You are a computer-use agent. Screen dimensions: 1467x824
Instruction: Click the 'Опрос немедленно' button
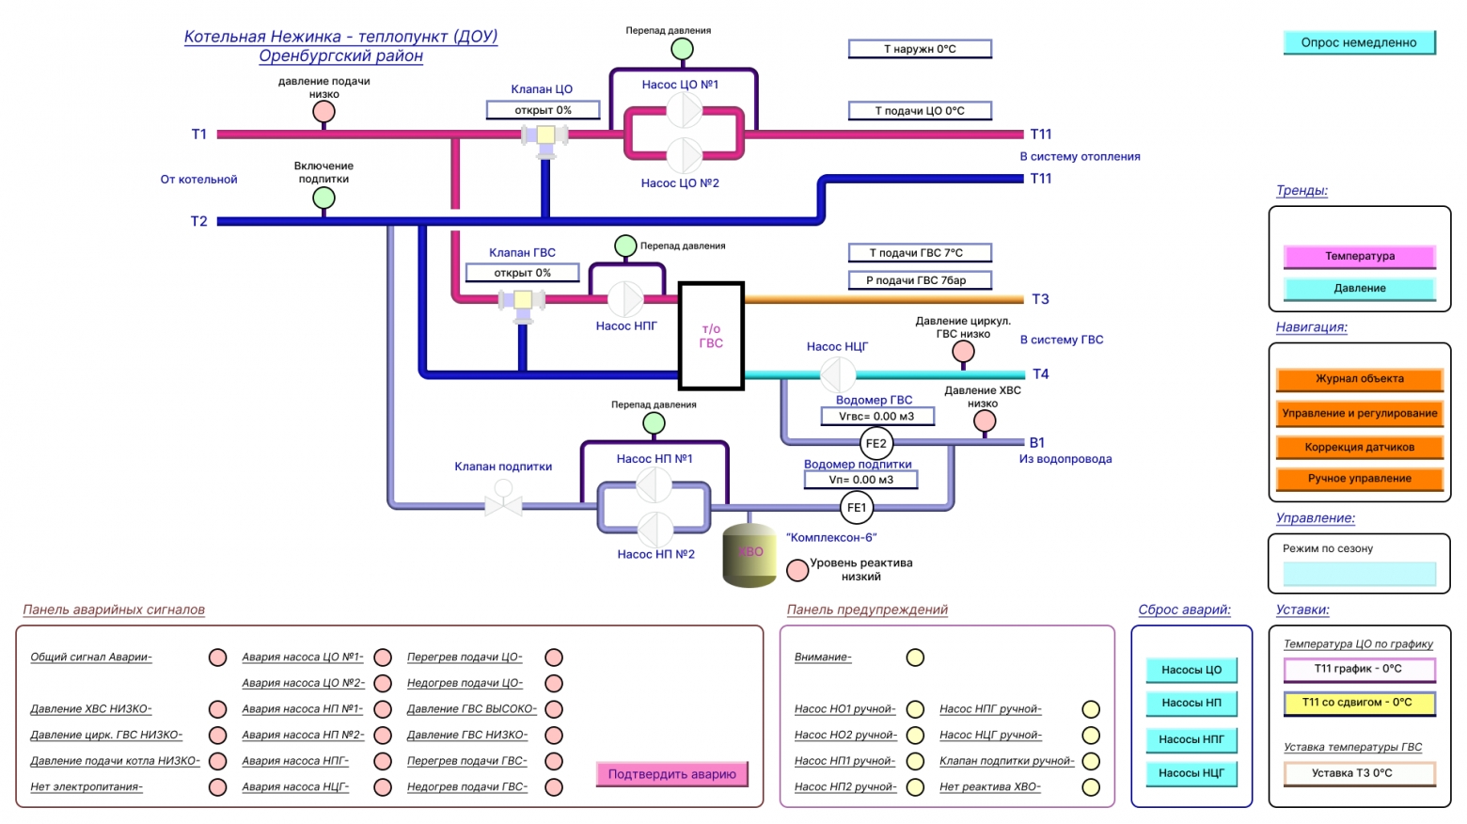tap(1360, 42)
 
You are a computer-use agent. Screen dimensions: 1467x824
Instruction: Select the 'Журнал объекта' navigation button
tap(1360, 379)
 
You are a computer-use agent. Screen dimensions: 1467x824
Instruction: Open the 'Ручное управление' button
tap(1360, 479)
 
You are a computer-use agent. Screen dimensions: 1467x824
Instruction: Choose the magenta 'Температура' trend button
tap(1360, 256)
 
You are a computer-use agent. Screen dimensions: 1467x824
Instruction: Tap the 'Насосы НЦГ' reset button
tap(1191, 773)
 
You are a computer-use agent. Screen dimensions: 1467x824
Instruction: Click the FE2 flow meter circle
tap(876, 443)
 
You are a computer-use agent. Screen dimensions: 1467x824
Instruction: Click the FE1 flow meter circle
tap(857, 508)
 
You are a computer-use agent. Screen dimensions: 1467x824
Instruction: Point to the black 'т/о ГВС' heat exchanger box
tap(711, 336)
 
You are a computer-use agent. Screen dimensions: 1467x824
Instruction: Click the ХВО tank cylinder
tap(749, 555)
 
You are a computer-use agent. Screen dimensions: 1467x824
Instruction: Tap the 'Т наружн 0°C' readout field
tap(920, 49)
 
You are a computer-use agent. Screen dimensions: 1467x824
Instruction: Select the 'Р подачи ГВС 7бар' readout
tap(920, 280)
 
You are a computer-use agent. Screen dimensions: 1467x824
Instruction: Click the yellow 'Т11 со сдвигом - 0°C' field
tap(1360, 703)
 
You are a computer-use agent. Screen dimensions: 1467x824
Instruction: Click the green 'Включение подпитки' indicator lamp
tap(323, 198)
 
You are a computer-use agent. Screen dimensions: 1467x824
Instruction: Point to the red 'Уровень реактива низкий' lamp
tap(797, 571)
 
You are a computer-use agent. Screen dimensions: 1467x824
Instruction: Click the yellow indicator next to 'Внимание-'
tap(915, 657)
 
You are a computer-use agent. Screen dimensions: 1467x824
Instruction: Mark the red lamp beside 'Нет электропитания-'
tap(217, 786)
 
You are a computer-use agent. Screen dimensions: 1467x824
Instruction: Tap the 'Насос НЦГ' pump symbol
tap(838, 374)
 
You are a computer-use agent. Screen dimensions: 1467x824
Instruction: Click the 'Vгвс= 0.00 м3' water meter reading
tap(877, 417)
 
